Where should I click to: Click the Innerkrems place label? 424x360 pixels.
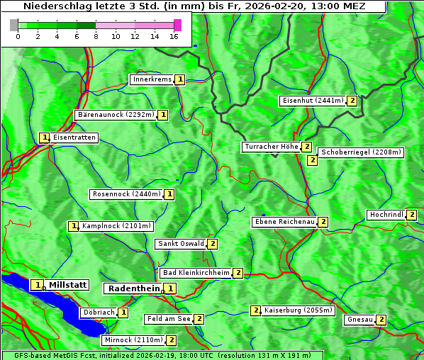(x=152, y=79)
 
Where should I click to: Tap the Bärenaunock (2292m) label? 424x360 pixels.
(x=115, y=114)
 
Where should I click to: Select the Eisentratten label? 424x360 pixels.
(x=74, y=137)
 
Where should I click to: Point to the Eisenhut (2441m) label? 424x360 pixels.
(x=312, y=101)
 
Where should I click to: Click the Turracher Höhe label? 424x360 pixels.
(x=271, y=147)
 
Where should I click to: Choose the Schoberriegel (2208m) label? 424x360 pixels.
(x=361, y=152)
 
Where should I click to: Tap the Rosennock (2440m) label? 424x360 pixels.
(x=127, y=193)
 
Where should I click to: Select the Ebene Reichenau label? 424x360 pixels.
(x=284, y=222)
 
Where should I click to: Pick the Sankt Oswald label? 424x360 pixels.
(x=181, y=244)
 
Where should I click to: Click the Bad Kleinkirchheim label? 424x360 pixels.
(x=196, y=273)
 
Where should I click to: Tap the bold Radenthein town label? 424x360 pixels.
(x=133, y=288)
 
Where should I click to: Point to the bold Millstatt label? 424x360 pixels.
(x=68, y=285)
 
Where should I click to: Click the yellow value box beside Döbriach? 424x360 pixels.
(x=123, y=312)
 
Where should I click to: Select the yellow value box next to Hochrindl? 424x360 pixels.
(x=412, y=215)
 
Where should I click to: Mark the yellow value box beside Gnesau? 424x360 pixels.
(x=381, y=320)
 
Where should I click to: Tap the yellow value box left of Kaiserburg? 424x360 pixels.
(x=255, y=310)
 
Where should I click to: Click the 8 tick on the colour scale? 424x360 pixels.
(x=96, y=36)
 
